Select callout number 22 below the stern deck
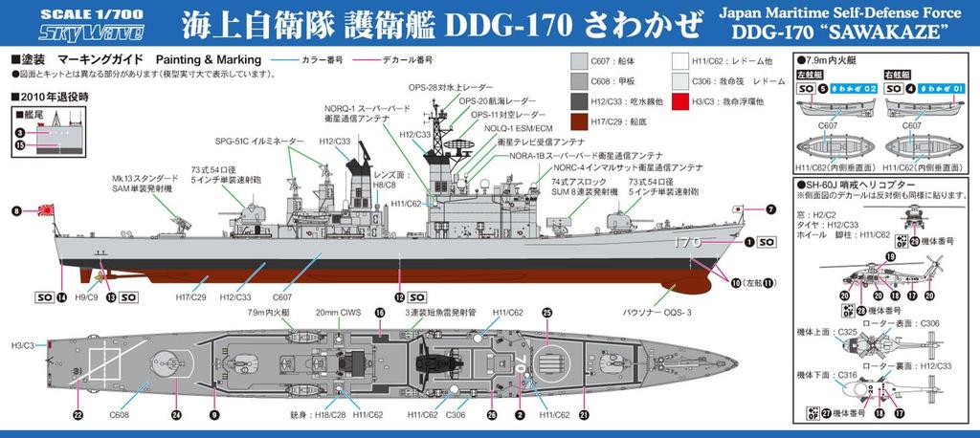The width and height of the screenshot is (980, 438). [78, 414]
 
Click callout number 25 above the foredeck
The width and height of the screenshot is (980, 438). [547, 312]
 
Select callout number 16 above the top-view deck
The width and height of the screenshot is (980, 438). [379, 312]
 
